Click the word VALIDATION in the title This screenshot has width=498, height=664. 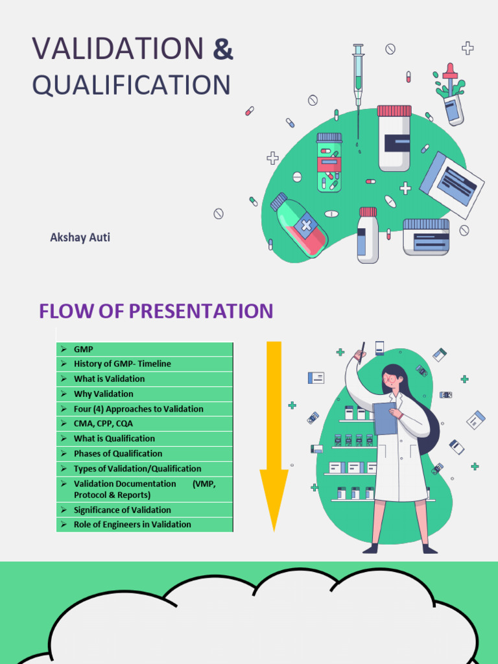[x=117, y=49]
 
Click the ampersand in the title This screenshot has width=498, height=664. [x=223, y=49]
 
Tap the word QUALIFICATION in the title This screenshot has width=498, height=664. [x=131, y=86]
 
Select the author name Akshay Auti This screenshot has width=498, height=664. [x=80, y=237]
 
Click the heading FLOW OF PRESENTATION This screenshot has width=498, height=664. [x=156, y=311]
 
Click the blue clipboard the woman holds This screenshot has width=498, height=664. [x=385, y=418]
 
